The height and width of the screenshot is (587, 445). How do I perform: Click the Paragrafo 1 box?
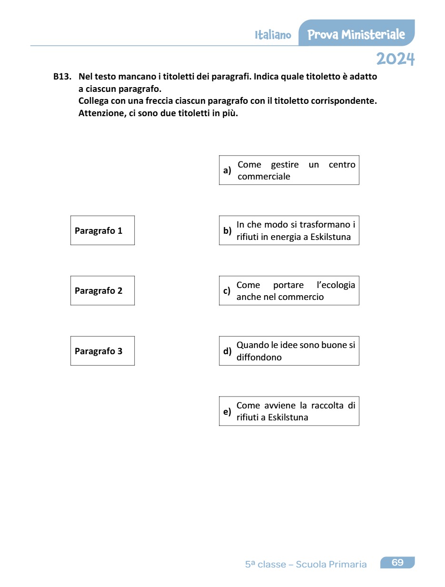(x=102, y=230)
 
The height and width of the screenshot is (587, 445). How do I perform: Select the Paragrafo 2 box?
(x=102, y=290)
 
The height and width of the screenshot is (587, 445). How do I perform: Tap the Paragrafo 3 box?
(x=102, y=351)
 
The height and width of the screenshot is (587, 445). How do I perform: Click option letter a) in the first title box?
(x=227, y=170)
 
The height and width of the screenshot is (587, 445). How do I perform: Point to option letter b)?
(x=227, y=231)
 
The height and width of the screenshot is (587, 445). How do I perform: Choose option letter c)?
(x=227, y=291)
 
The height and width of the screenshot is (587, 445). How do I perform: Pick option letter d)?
(x=227, y=351)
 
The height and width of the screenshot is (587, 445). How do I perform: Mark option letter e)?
(x=227, y=411)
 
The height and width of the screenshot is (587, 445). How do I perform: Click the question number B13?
(x=62, y=76)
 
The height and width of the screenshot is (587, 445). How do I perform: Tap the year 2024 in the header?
(x=395, y=59)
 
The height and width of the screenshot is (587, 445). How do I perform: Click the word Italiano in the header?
(x=273, y=35)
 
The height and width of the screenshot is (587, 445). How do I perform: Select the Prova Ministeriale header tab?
(x=356, y=34)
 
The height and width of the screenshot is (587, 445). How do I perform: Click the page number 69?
(x=397, y=563)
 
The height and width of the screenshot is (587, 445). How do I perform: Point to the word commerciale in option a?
(x=264, y=177)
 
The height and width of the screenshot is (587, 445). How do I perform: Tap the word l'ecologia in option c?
(x=336, y=285)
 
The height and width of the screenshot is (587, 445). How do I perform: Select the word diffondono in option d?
(x=259, y=358)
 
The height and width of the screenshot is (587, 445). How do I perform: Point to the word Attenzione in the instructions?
(x=101, y=114)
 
